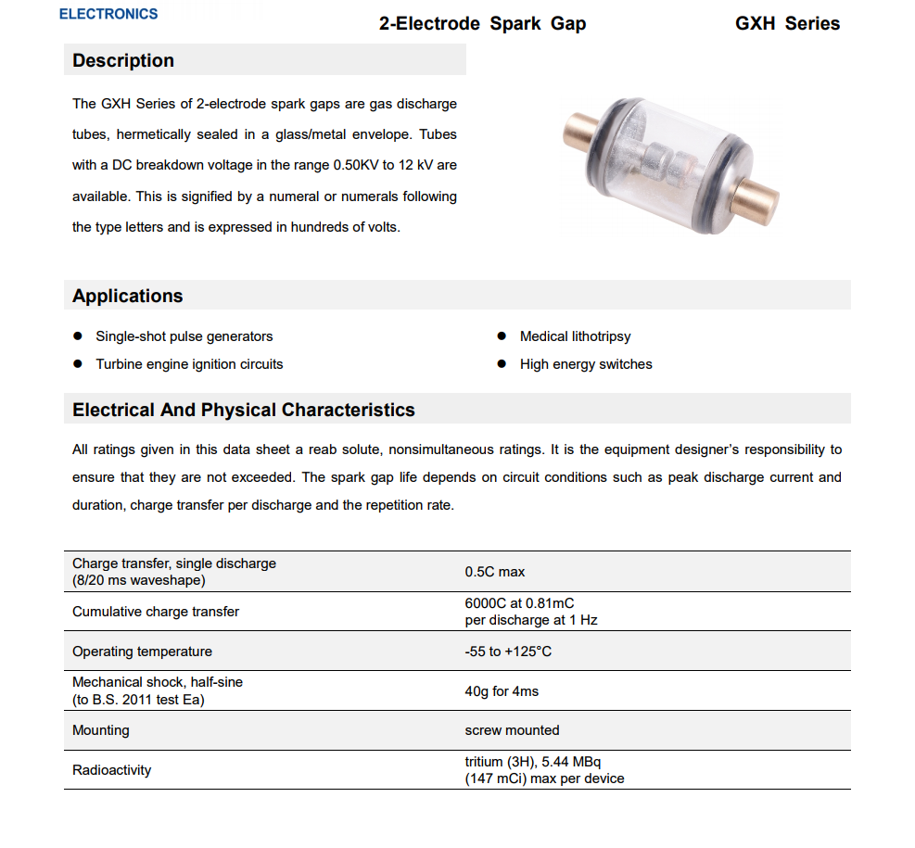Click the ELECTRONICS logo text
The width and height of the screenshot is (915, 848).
[x=108, y=14]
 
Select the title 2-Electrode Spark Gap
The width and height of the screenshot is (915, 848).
[x=482, y=24]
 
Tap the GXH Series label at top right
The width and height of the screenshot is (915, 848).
[x=787, y=24]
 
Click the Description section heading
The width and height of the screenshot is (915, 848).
[x=123, y=61]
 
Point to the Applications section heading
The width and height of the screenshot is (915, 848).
[x=128, y=297]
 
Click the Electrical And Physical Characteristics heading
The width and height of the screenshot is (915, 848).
[x=244, y=411]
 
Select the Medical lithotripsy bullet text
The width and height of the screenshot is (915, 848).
[x=575, y=336]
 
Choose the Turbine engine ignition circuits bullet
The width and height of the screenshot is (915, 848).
[x=189, y=364]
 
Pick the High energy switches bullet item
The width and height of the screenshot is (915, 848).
[x=586, y=364]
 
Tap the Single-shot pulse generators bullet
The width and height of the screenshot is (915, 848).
[x=184, y=336]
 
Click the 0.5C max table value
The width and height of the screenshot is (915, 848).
[x=495, y=572]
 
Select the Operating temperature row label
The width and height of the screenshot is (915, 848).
[x=142, y=652]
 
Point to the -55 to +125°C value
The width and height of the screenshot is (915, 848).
[x=508, y=652]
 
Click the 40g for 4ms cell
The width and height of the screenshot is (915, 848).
[x=502, y=691]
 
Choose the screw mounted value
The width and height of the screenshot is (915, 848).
[x=512, y=730]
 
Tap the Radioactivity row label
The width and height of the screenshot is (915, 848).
[x=111, y=770]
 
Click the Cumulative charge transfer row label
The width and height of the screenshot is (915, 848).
[x=156, y=612]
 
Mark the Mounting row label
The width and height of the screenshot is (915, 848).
[x=101, y=730]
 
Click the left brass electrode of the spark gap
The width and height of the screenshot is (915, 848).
[x=580, y=133]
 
